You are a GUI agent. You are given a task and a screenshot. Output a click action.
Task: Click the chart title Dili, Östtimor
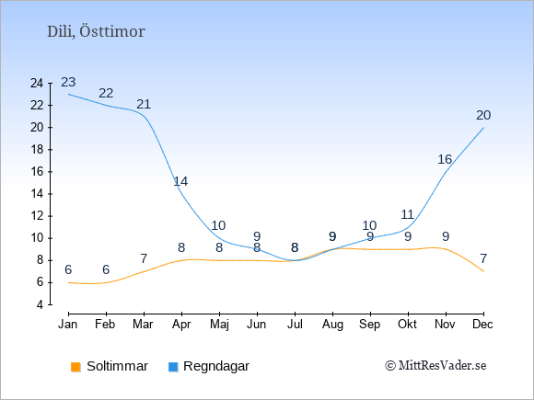coord(96,31)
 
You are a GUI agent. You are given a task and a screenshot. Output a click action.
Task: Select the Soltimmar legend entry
coord(110,366)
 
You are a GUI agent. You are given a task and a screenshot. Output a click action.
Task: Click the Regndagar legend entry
coord(209,366)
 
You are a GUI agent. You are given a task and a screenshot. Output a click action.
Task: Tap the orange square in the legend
coord(75,367)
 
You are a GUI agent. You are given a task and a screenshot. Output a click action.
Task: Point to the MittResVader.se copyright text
coord(435,366)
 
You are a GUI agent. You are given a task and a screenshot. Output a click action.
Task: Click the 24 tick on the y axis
coord(37,83)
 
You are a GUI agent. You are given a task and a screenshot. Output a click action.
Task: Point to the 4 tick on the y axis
coord(41,304)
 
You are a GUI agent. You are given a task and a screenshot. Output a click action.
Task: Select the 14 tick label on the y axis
coord(37,194)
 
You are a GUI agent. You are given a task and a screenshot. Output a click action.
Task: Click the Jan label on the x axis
coord(68,325)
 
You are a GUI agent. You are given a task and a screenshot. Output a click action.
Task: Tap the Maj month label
coord(219,325)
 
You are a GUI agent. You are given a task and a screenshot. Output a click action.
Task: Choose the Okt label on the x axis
coord(407,325)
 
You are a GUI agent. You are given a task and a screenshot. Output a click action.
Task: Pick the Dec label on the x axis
coord(483,325)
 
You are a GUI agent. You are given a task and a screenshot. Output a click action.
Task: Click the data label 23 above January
coord(68,82)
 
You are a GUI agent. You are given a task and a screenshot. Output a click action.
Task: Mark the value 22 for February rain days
coord(106,93)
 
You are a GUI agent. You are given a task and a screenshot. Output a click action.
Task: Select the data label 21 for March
coord(144,104)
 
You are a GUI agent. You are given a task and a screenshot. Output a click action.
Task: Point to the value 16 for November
coord(445,159)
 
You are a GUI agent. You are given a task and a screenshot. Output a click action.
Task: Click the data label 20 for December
coord(483,115)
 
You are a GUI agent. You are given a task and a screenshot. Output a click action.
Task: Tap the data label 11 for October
coord(407,214)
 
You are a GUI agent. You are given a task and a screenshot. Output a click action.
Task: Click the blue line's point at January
coord(68,94)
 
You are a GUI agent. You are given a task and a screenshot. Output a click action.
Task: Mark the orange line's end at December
coord(483,271)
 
